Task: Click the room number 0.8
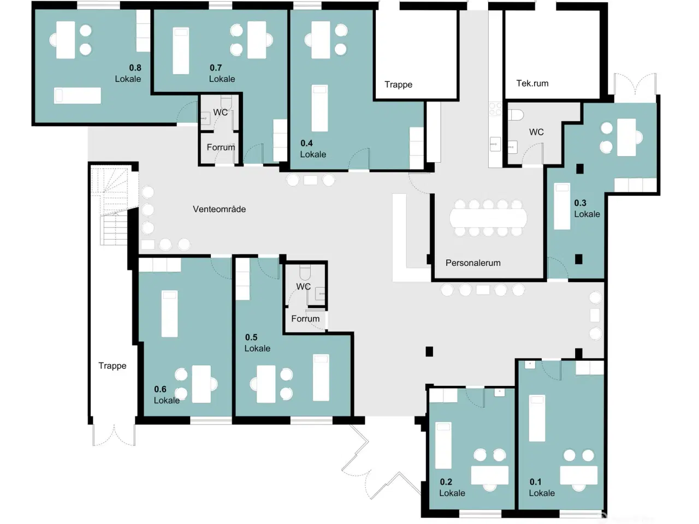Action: [x=135, y=68]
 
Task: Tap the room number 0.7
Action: [x=216, y=68]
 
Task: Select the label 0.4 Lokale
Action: [x=312, y=148]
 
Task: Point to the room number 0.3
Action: [x=580, y=203]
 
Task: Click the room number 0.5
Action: [x=251, y=337]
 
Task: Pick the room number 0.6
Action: [x=160, y=389]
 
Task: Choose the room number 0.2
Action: [x=446, y=482]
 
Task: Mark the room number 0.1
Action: [x=536, y=482]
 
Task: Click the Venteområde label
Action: [x=219, y=209]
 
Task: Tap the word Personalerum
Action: [x=473, y=263]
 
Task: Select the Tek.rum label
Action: [x=532, y=84]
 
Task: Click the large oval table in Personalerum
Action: [x=488, y=218]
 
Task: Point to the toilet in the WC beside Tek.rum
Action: [x=516, y=115]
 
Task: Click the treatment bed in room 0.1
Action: [x=537, y=418]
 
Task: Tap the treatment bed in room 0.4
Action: [x=320, y=108]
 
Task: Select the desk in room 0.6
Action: [x=202, y=384]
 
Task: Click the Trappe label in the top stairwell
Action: [x=398, y=85]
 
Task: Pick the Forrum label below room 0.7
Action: [x=221, y=147]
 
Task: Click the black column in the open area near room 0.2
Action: [x=430, y=351]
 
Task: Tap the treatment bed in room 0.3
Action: [x=562, y=206]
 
